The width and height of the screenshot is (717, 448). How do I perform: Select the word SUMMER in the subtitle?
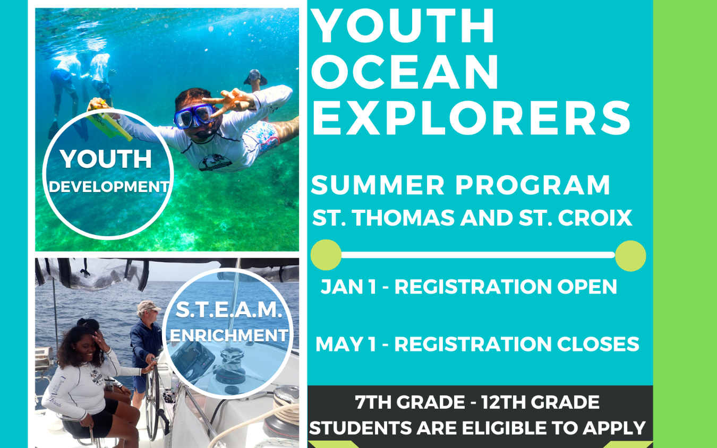pyautogui.click(x=378, y=185)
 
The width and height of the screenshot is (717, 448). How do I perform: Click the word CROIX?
pyautogui.click(x=595, y=218)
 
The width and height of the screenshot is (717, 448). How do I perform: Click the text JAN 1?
pyautogui.click(x=348, y=287)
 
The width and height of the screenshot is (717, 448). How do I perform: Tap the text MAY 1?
pyautogui.click(x=346, y=344)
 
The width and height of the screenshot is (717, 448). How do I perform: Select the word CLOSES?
pyautogui.click(x=598, y=344)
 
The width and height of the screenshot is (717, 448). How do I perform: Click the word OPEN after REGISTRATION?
pyautogui.click(x=587, y=287)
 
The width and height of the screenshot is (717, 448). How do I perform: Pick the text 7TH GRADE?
pyautogui.click(x=409, y=402)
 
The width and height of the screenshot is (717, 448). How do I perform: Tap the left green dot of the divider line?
pyautogui.click(x=326, y=255)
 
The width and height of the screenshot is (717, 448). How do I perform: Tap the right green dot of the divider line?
pyautogui.click(x=630, y=256)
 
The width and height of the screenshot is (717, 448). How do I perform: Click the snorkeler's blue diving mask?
pyautogui.click(x=194, y=116)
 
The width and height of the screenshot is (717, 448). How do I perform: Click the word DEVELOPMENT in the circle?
pyautogui.click(x=109, y=187)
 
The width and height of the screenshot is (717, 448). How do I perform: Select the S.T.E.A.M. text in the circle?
pyautogui.click(x=229, y=310)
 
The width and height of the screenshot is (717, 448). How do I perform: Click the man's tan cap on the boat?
pyautogui.click(x=148, y=307)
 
